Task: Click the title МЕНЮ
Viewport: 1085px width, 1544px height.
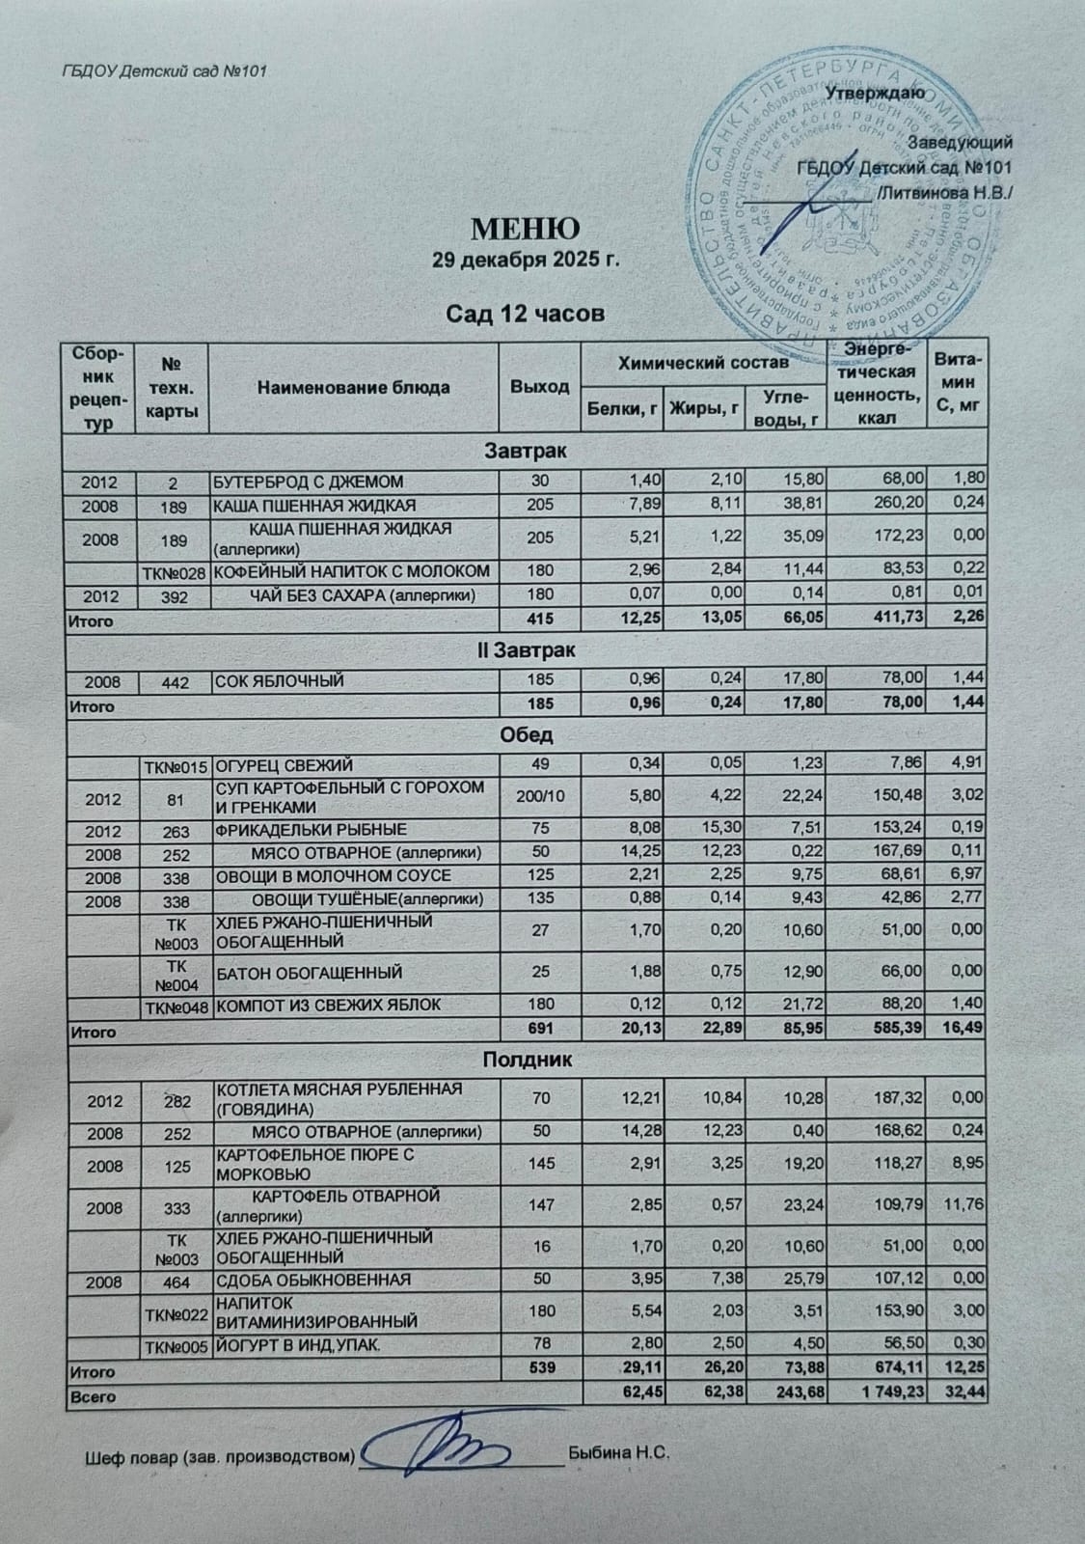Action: pyautogui.click(x=525, y=230)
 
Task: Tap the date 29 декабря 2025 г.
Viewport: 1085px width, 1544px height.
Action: pyautogui.click(x=525, y=261)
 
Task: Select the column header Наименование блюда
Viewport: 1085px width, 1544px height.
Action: pyautogui.click(x=353, y=387)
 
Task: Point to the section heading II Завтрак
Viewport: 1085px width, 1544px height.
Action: pyautogui.click(x=526, y=651)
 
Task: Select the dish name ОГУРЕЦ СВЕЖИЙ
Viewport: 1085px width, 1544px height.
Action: pyautogui.click(x=274, y=767)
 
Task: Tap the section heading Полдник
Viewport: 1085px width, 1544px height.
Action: pyautogui.click(x=527, y=1060)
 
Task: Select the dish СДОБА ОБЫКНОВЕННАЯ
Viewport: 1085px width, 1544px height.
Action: pyautogui.click(x=312, y=1280)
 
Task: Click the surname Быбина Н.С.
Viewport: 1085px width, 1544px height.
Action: pyautogui.click(x=618, y=1451)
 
